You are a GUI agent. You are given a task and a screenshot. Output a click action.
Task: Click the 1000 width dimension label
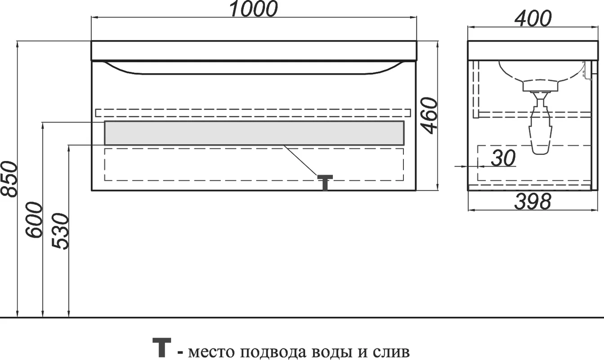(x=253, y=9)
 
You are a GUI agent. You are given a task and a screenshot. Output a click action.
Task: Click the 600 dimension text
(x=34, y=220)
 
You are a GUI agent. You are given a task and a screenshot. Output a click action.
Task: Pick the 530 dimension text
(x=60, y=232)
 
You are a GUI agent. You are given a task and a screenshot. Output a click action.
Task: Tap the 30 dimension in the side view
(x=503, y=158)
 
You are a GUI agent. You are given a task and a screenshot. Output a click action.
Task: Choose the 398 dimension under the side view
(x=532, y=201)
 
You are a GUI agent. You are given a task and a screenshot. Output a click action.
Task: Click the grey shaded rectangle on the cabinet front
(x=254, y=133)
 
